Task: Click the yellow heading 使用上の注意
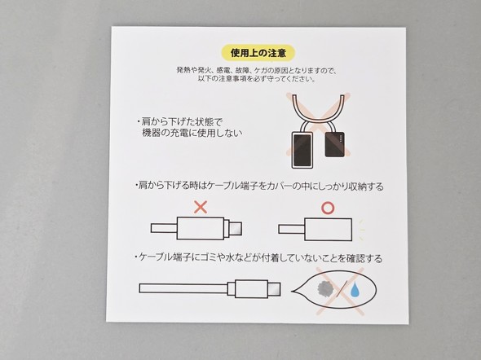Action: [x=258, y=53]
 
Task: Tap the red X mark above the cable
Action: [x=201, y=207]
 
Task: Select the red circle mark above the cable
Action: [x=328, y=209]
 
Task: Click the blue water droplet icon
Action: [x=355, y=290]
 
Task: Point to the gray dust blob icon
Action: [x=325, y=288]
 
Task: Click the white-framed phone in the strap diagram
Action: [x=302, y=150]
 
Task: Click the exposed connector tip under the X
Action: [x=236, y=229]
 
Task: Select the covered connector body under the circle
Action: [x=329, y=230]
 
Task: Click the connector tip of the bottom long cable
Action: [x=274, y=289]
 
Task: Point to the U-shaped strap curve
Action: [x=319, y=111]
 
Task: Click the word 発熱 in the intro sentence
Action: [x=182, y=70]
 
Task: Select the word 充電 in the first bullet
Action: [x=179, y=134]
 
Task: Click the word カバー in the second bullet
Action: [x=279, y=186]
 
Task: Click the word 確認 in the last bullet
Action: [x=355, y=258]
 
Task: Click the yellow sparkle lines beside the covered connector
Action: [x=362, y=230]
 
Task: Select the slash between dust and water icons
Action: [x=342, y=288]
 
